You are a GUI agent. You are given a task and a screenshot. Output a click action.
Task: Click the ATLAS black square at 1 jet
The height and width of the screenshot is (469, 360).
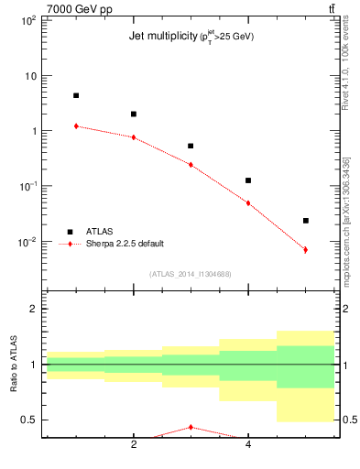[76, 95]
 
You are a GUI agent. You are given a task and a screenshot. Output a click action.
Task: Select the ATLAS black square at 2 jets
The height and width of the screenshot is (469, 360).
[134, 115]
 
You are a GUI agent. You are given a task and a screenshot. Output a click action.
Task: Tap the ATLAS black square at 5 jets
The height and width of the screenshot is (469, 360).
[305, 221]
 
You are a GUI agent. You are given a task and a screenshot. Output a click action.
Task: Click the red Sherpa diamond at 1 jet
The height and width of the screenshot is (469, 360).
[76, 125]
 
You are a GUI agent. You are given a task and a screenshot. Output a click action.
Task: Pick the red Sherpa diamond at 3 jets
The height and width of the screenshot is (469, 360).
[191, 165]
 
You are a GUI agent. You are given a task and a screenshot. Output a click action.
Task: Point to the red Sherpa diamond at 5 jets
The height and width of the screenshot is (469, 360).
[305, 249]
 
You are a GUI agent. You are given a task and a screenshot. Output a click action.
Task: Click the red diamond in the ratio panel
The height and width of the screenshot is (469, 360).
[191, 427]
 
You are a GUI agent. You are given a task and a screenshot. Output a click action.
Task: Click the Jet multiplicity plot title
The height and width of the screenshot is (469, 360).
[191, 37]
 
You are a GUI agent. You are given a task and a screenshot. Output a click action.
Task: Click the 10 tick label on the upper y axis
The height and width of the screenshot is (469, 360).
[30, 75]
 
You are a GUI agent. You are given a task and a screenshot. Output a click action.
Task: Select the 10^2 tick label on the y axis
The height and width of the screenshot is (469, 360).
[27, 19]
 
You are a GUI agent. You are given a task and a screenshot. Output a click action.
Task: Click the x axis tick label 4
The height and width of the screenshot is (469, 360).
[248, 445]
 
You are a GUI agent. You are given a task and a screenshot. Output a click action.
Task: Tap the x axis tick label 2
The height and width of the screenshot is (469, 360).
[134, 445]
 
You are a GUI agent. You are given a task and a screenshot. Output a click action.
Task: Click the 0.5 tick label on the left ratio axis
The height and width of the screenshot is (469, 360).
[28, 420]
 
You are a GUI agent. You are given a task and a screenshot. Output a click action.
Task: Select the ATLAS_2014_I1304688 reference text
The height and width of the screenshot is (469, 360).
[191, 273]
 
